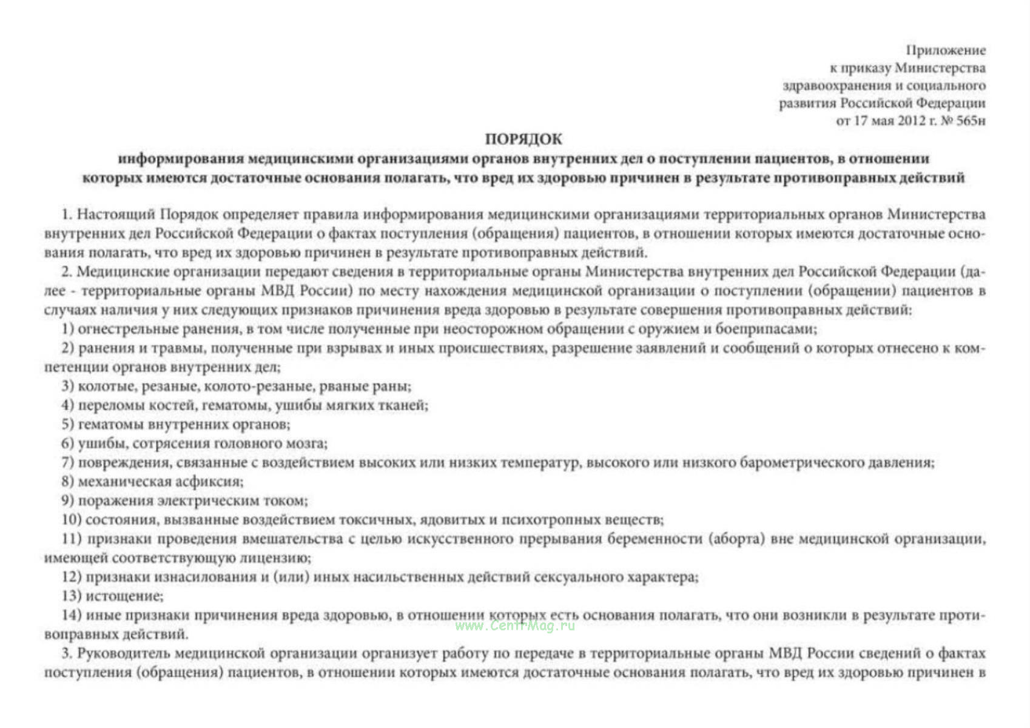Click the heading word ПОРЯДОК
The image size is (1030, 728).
(523, 139)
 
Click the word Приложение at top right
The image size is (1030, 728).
(946, 50)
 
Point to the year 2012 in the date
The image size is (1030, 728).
(912, 121)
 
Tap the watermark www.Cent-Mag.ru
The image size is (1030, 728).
(515, 625)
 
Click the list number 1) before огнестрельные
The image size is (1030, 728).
(67, 329)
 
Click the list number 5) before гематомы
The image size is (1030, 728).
(67, 424)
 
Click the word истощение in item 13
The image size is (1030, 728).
(124, 596)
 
